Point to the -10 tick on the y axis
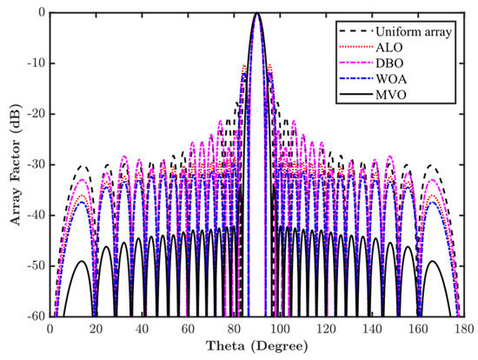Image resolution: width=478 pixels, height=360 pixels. click(x=35, y=63)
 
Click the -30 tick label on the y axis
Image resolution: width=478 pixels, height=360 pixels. click(x=35, y=164)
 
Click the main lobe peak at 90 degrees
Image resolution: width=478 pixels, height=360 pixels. click(x=256, y=14)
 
